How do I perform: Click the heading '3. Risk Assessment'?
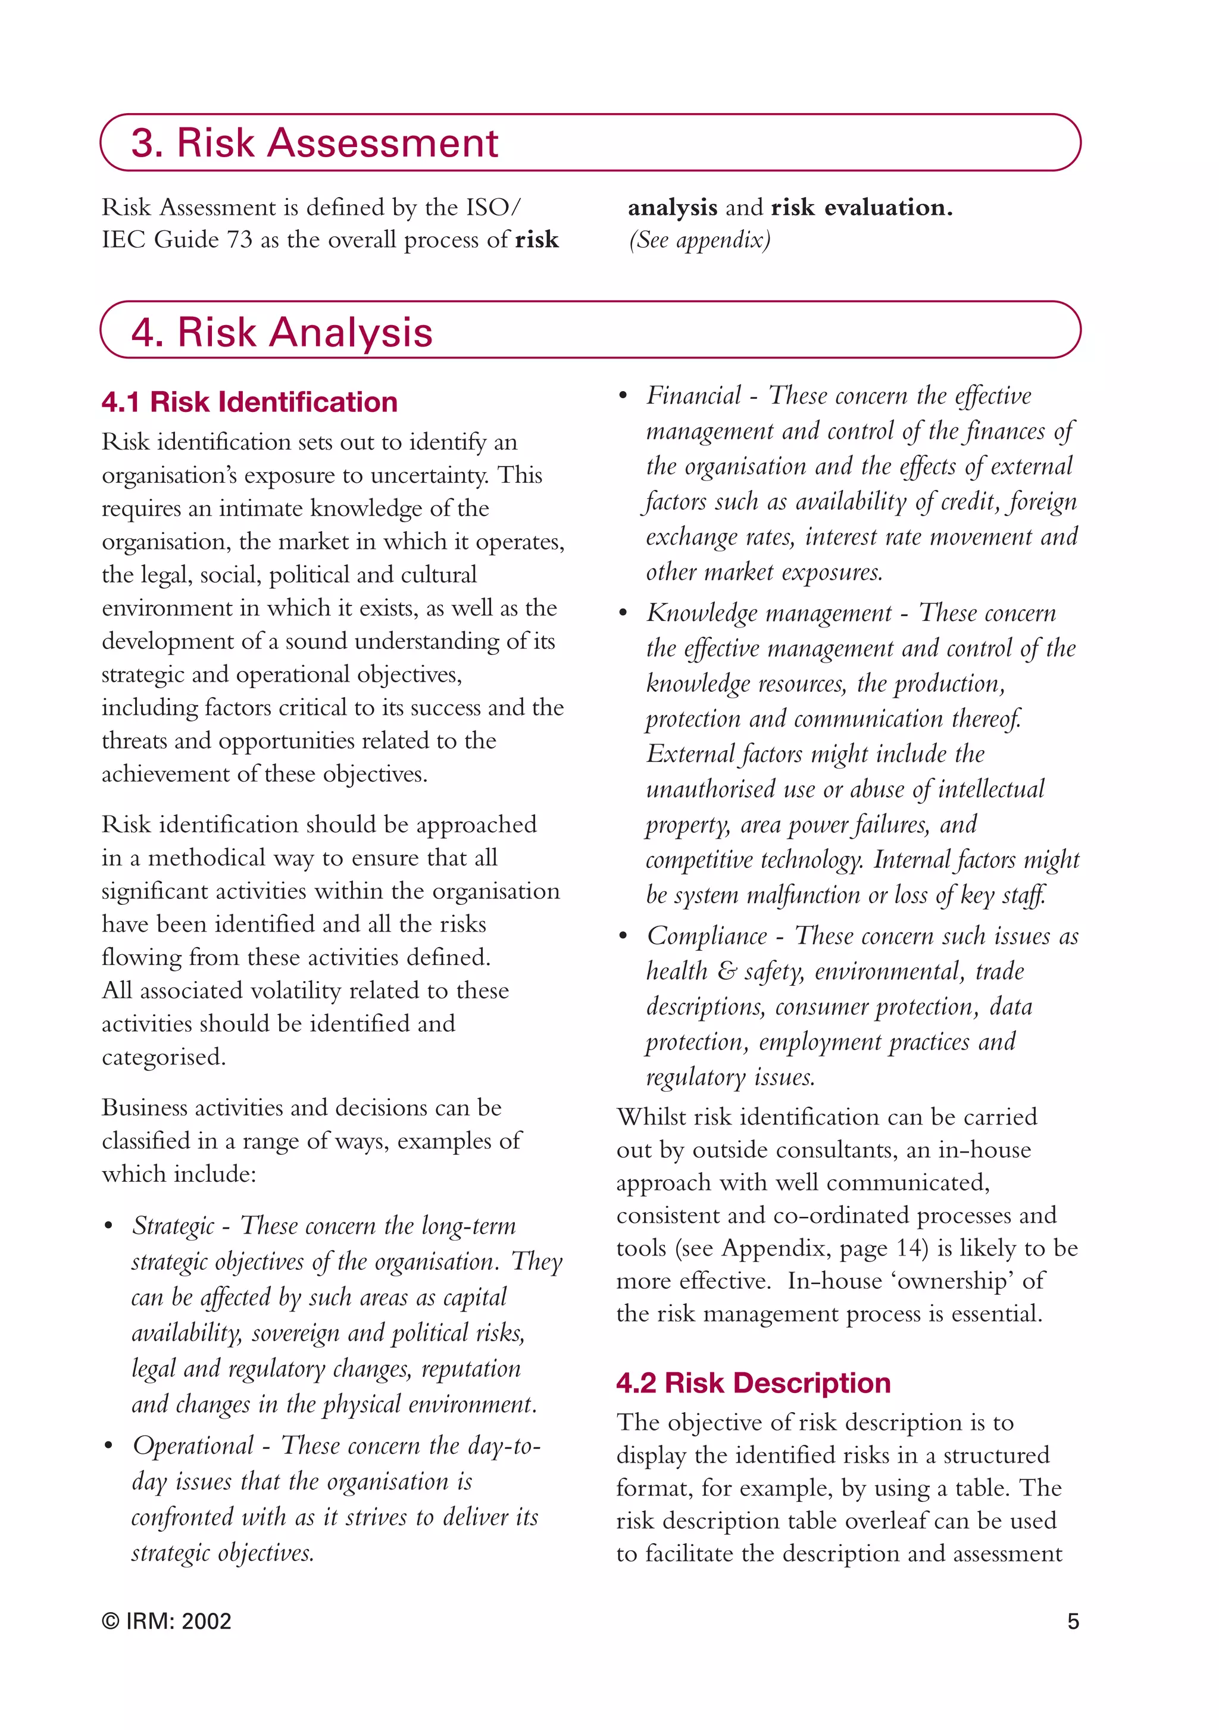(x=314, y=142)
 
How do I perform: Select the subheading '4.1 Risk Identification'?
(x=249, y=402)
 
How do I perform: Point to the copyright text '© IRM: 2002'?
(x=167, y=1620)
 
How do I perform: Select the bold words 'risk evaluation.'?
(x=861, y=207)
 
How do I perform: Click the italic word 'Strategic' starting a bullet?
(x=173, y=1226)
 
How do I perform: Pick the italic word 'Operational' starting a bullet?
(x=193, y=1445)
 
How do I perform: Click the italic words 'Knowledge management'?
(x=768, y=613)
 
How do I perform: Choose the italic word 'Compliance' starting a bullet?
(x=707, y=936)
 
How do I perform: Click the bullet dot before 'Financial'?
(x=623, y=397)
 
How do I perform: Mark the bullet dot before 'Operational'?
(x=108, y=1447)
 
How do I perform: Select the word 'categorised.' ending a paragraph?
(x=164, y=1057)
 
